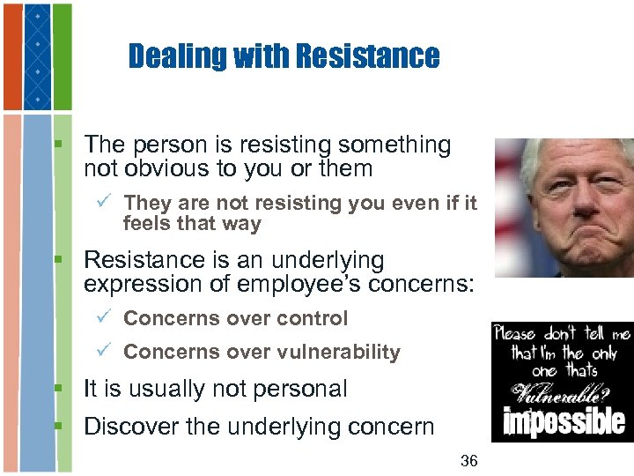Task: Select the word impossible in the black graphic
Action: [x=564, y=421]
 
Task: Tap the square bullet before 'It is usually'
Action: [x=60, y=389]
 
